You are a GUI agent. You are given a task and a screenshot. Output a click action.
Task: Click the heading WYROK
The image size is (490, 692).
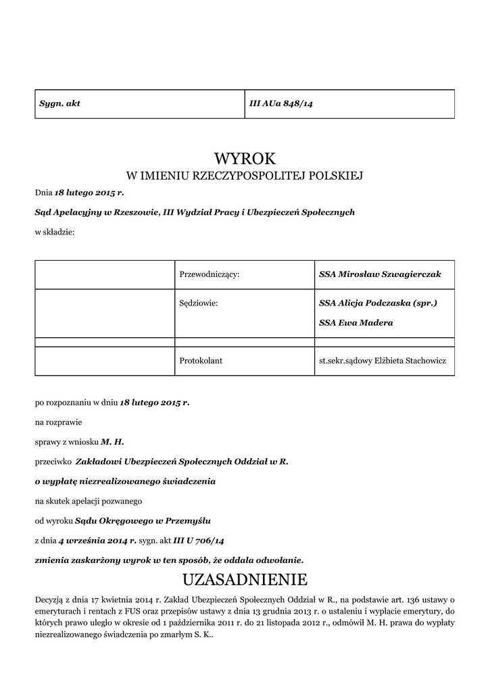245,159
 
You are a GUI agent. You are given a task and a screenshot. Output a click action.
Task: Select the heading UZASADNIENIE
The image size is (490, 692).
245,579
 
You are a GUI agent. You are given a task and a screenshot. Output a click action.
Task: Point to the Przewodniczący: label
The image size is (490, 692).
210,275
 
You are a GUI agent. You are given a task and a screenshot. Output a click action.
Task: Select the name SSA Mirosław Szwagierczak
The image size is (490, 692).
380,275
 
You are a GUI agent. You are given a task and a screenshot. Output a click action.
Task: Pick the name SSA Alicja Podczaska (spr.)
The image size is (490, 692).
378,303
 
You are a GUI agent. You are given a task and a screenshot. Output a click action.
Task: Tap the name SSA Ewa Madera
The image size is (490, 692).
356,322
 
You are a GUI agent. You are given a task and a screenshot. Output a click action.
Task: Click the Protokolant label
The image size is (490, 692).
201,361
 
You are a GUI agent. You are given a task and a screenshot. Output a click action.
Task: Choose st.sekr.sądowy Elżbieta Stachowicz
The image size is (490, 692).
383,361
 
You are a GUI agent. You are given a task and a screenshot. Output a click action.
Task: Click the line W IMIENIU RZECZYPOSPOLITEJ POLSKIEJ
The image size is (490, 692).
245,176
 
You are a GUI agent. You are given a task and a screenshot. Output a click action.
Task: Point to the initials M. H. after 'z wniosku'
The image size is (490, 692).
113,441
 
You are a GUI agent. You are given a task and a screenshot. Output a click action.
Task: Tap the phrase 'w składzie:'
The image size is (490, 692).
55,232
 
